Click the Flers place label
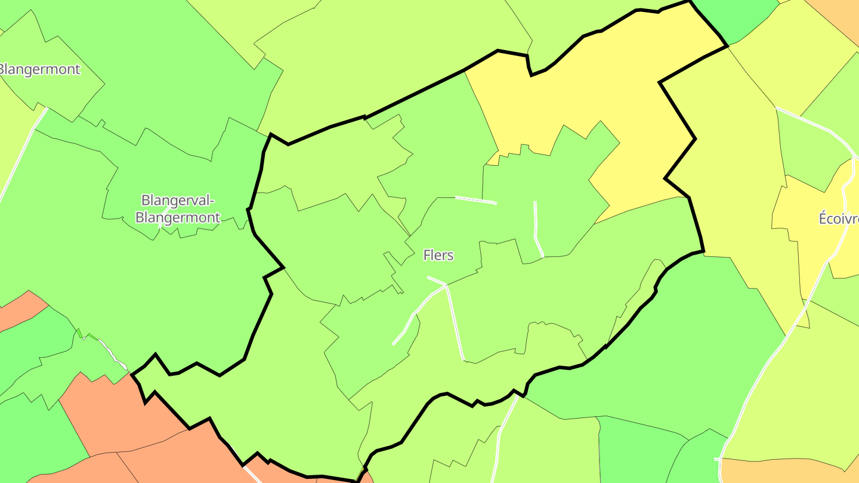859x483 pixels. click(438, 255)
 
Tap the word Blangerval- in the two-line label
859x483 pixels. click(177, 200)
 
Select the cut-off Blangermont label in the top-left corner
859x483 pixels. click(39, 69)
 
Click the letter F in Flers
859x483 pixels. click(427, 255)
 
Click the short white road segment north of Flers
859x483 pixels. click(475, 200)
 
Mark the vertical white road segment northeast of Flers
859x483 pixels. click(536, 227)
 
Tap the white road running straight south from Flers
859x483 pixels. click(455, 322)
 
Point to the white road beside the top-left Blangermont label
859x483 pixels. click(24, 149)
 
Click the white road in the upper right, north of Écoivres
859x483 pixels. click(811, 122)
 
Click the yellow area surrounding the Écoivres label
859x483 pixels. click(817, 250)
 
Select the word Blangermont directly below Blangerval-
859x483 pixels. click(177, 218)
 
